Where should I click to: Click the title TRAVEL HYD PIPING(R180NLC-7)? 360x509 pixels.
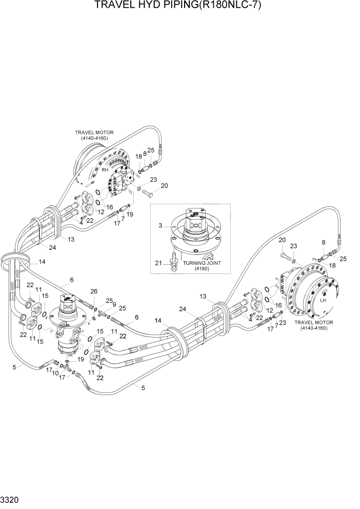180,7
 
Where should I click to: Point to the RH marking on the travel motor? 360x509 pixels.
104,170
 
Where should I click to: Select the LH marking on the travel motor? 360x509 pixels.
323,301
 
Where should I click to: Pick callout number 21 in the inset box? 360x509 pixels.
159,263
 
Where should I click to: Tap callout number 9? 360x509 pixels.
113,304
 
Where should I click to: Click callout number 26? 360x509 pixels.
94,292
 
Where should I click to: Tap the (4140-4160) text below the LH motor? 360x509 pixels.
314,328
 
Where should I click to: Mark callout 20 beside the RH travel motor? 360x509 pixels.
165,186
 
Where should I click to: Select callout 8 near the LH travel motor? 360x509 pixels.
323,242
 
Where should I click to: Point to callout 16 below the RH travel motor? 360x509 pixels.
109,207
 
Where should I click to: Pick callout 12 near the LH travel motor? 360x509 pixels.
269,310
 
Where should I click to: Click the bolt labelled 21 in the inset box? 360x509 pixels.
174,259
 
